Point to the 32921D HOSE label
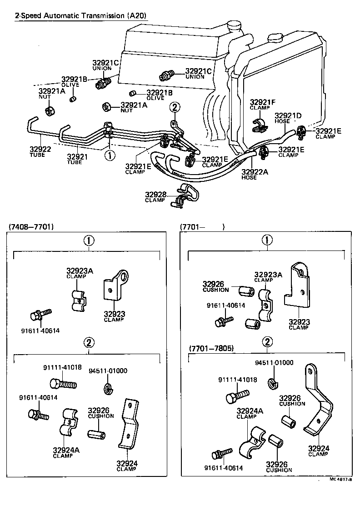coord(288,118)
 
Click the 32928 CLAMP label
coord(155,197)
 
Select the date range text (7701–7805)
coord(211,348)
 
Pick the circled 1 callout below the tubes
coord(110,155)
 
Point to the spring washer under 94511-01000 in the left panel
coord(108,388)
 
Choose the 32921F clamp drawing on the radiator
coord(259,125)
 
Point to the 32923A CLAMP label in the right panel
coord(268,277)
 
